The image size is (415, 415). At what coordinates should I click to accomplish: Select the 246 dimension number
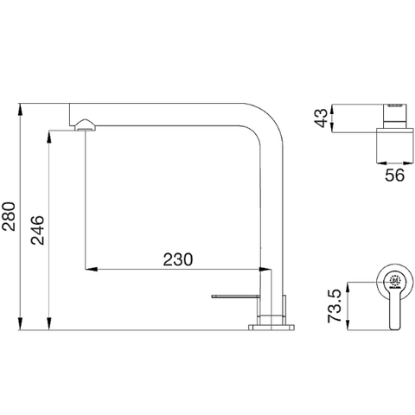point(39,231)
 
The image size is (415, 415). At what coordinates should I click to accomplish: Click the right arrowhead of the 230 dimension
point(268,270)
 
